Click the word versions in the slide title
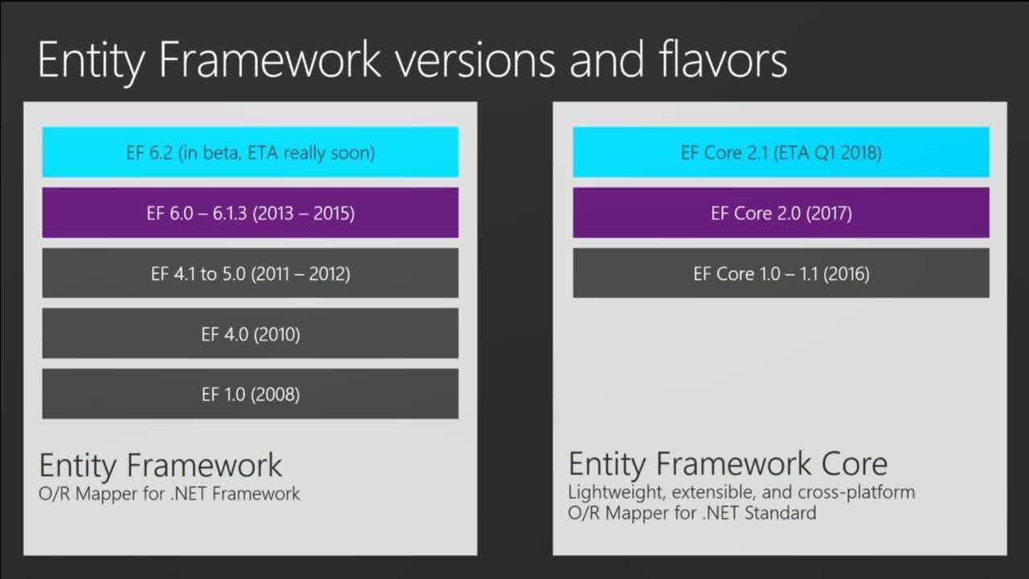(x=475, y=60)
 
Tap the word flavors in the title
(x=723, y=59)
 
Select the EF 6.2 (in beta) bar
(x=250, y=152)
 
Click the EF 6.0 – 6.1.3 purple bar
(x=250, y=213)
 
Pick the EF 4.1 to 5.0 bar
(x=250, y=273)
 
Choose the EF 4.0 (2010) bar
(x=250, y=334)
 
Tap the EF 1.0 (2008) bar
(x=250, y=394)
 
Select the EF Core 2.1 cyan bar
(x=781, y=152)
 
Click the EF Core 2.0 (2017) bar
(x=781, y=213)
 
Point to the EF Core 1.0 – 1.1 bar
(x=781, y=273)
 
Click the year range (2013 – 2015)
(x=304, y=214)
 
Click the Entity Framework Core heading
(x=728, y=465)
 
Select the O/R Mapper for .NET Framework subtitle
(x=169, y=494)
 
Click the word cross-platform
(x=856, y=493)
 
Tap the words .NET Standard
(x=760, y=512)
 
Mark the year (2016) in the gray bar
(x=847, y=274)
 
